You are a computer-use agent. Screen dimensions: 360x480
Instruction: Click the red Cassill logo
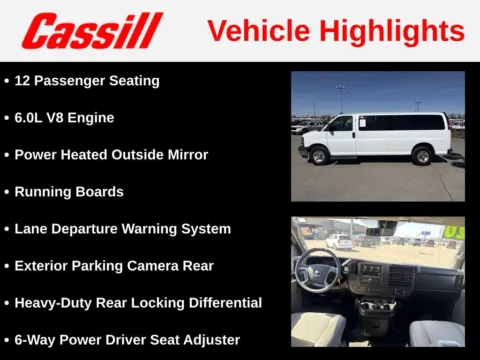(x=91, y=31)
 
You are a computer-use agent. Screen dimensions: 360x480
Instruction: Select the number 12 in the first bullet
(x=24, y=80)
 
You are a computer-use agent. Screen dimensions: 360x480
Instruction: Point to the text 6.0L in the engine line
(x=32, y=117)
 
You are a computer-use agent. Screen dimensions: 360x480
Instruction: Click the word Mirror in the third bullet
(x=186, y=154)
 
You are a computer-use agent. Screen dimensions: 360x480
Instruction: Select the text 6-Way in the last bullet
(x=35, y=339)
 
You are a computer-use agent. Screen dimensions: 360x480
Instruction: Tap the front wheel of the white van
(x=320, y=156)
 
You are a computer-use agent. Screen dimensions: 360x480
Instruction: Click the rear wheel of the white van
(x=423, y=156)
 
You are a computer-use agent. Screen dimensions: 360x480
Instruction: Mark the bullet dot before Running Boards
(x=7, y=192)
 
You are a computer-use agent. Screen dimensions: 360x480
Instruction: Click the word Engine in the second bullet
(x=90, y=117)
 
